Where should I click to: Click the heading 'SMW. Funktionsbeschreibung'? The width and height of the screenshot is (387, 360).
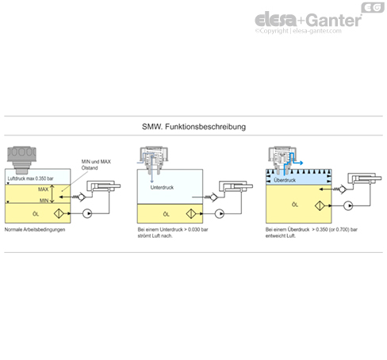pos(193,127)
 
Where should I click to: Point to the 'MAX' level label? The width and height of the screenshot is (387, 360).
pos(44,190)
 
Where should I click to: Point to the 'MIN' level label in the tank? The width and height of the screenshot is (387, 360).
pos(44,202)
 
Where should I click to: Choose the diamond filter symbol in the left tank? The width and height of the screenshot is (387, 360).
pos(59,214)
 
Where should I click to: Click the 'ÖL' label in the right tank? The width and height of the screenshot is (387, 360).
pos(293,205)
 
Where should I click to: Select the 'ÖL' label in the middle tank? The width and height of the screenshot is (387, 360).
pos(165,214)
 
